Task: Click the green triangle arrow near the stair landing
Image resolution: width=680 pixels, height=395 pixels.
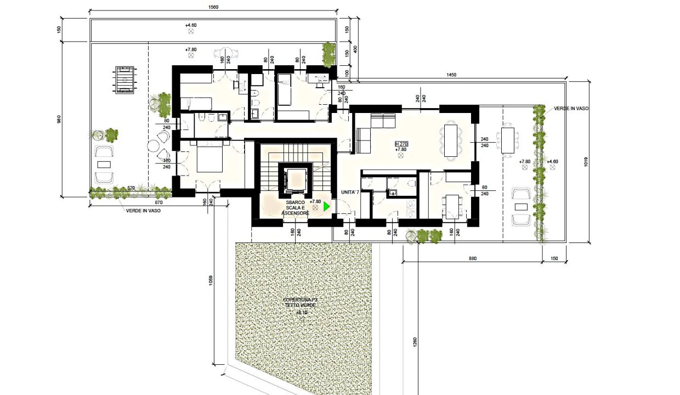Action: click(327, 207)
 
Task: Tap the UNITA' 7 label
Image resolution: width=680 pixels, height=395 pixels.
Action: click(349, 193)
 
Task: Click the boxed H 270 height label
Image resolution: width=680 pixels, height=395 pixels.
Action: click(401, 144)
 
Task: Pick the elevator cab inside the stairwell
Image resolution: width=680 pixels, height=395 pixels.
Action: click(296, 179)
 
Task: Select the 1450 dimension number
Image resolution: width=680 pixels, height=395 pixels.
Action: click(451, 75)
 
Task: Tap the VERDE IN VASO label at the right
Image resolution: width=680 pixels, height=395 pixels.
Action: click(571, 109)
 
